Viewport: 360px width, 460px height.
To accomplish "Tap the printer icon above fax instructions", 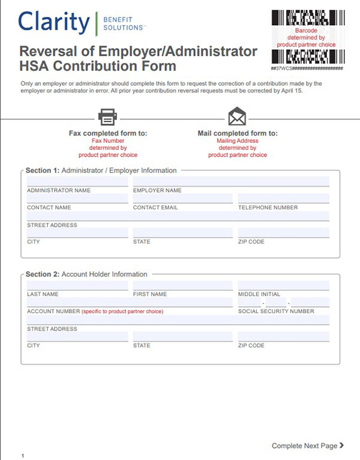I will [x=107, y=116].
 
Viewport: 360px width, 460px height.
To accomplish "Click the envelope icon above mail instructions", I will [x=237, y=116].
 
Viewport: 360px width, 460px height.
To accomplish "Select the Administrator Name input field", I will [x=77, y=181].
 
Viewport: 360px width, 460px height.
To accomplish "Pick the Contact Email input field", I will [x=182, y=199].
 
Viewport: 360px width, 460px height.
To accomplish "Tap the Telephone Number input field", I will [x=283, y=199].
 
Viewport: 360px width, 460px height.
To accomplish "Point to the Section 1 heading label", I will [x=101, y=170].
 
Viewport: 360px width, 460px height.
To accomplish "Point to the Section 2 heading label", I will [x=86, y=274].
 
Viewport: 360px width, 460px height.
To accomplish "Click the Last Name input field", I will [x=77, y=285].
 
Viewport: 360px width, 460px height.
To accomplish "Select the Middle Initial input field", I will [x=283, y=285].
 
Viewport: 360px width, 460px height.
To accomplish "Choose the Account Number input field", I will [x=129, y=302].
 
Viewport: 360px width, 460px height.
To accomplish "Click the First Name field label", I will [x=150, y=294].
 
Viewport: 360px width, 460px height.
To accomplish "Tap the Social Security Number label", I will [x=276, y=311].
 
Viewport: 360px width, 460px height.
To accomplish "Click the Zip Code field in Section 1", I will [x=283, y=233].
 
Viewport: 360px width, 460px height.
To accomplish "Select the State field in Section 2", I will [x=182, y=336].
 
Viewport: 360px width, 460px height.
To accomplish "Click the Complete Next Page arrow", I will [x=341, y=446].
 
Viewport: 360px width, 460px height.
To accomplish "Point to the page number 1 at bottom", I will [x=22, y=456].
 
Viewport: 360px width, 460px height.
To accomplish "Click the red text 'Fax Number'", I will [x=108, y=140].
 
